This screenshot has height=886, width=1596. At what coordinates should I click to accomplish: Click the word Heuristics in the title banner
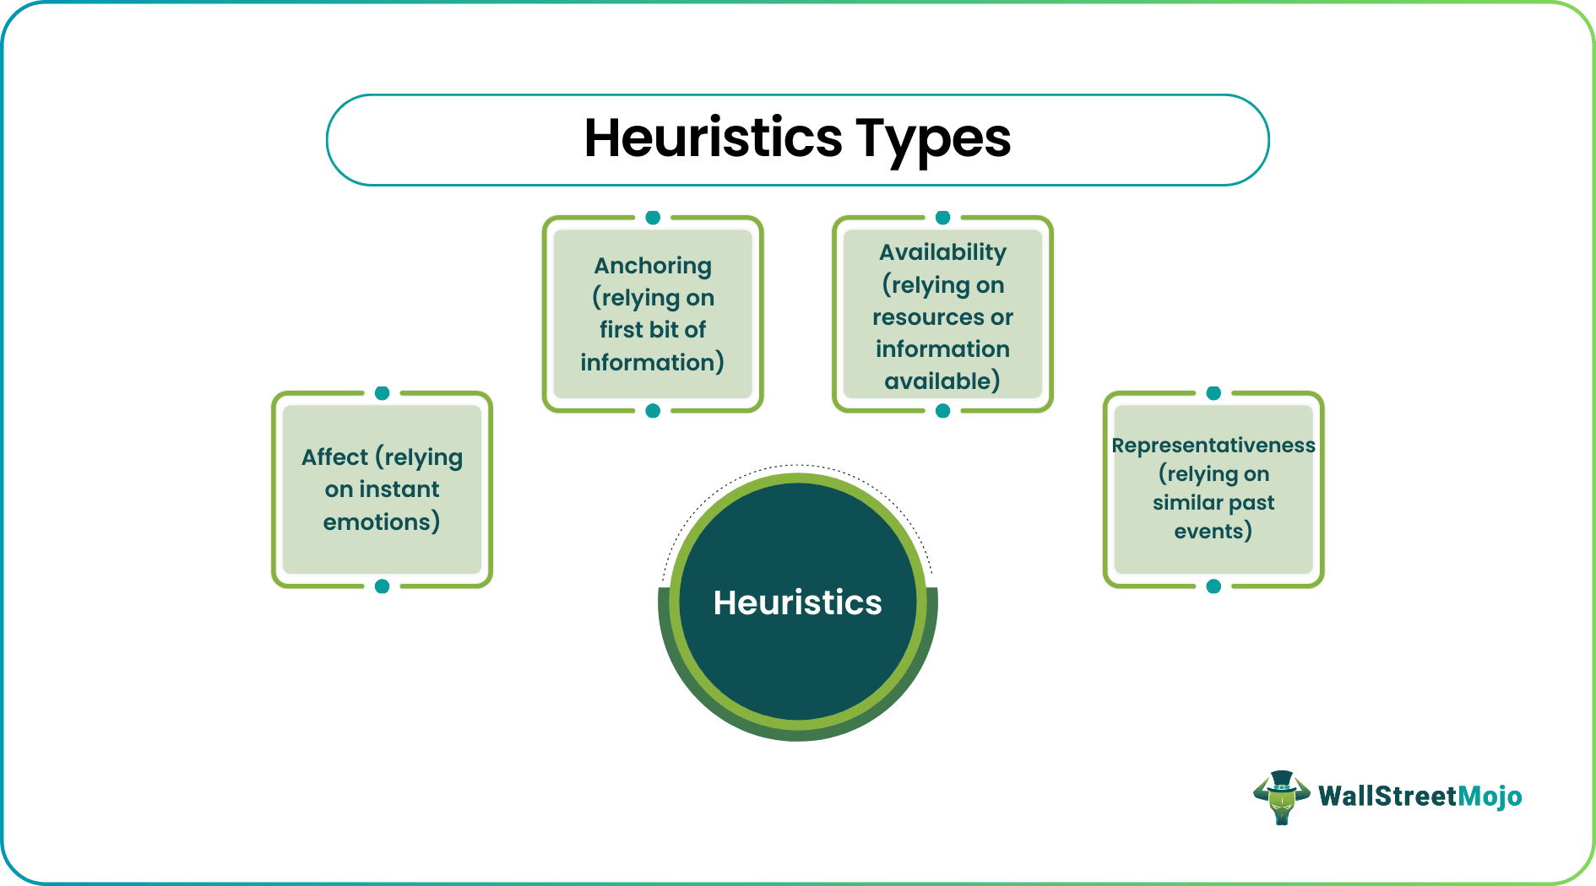[x=713, y=138]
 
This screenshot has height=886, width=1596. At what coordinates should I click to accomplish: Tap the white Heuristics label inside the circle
[x=797, y=602]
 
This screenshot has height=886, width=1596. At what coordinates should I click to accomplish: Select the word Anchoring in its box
[x=653, y=266]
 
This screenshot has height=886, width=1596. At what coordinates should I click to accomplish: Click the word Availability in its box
[x=942, y=252]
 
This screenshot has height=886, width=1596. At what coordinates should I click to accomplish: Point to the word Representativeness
[x=1213, y=445]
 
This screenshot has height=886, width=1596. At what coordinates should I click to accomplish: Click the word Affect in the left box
[x=335, y=457]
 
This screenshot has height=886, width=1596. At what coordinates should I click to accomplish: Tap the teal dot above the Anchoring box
[x=653, y=218]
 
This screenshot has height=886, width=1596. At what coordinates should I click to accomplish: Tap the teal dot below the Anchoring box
[x=653, y=411]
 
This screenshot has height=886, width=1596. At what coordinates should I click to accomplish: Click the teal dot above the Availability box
[x=943, y=218]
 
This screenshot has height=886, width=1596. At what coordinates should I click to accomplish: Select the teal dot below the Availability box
[x=943, y=411]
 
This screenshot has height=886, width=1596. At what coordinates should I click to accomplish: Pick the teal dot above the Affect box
[x=382, y=393]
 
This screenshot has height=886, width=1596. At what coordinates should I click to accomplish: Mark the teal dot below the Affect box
[x=382, y=586]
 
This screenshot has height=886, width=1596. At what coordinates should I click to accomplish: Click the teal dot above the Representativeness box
[x=1213, y=393]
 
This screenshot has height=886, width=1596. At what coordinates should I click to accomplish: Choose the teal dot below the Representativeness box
[x=1213, y=586]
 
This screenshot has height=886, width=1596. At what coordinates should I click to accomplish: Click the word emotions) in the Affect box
[x=382, y=522]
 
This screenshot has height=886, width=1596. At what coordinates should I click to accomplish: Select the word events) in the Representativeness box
[x=1213, y=532]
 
